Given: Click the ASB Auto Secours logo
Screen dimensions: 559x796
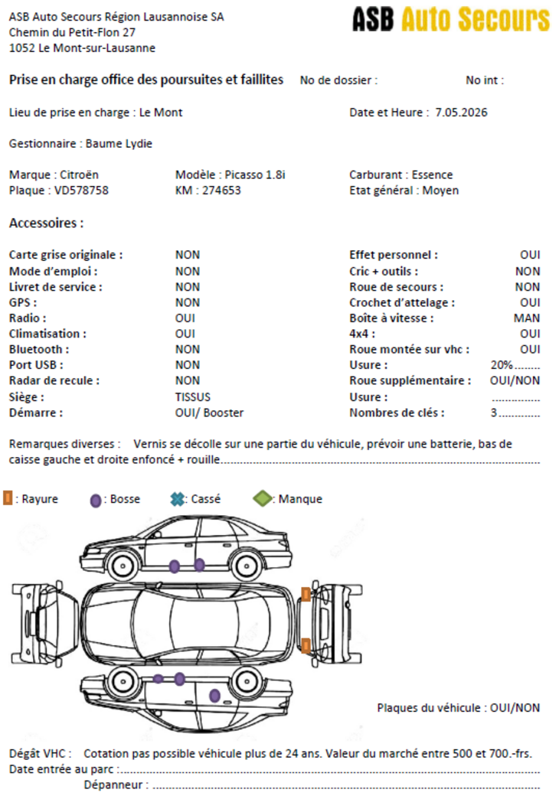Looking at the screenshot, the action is pyautogui.click(x=451, y=19).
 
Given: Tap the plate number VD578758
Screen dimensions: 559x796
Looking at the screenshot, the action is pyautogui.click(x=81, y=191).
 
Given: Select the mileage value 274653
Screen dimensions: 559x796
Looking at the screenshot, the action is pyautogui.click(x=221, y=191).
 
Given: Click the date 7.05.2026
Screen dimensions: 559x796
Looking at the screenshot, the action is pyautogui.click(x=461, y=113).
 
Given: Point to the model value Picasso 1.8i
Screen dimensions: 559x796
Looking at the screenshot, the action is pyautogui.click(x=255, y=175).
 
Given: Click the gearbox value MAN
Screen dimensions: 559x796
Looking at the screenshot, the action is pyautogui.click(x=527, y=318).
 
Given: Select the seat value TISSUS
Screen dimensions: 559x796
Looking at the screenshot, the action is pyautogui.click(x=192, y=397).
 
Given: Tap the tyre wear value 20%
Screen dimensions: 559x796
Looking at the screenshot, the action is pyautogui.click(x=502, y=365).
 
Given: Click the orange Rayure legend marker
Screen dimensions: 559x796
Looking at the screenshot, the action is pyautogui.click(x=8, y=498).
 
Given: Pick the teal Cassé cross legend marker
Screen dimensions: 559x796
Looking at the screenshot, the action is pyautogui.click(x=177, y=498).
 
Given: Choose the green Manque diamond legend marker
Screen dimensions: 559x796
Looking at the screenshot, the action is pyautogui.click(x=263, y=498).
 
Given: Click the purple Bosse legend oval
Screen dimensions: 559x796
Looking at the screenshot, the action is pyautogui.click(x=96, y=501).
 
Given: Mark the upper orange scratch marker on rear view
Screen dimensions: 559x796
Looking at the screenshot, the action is pyautogui.click(x=306, y=595).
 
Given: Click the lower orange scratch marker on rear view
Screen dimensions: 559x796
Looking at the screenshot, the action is pyautogui.click(x=306, y=646).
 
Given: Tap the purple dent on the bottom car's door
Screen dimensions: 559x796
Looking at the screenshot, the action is pyautogui.click(x=214, y=696).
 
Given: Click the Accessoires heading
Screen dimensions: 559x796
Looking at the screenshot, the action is pyautogui.click(x=46, y=223).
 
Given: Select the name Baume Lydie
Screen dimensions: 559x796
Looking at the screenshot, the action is pyautogui.click(x=119, y=144).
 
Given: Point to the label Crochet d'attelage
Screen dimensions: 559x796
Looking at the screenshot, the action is pyautogui.click(x=401, y=302).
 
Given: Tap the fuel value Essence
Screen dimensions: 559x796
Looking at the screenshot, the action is pyautogui.click(x=432, y=175).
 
